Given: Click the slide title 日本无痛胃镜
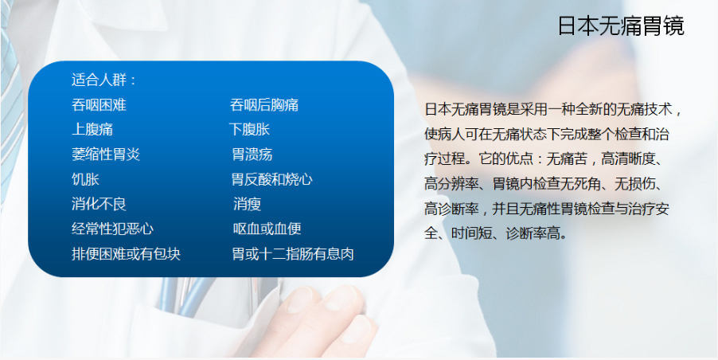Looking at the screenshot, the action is click(x=621, y=26).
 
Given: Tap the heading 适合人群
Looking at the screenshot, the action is click(x=99, y=80).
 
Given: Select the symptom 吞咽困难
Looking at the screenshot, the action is click(x=99, y=105).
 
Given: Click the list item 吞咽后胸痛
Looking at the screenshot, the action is click(x=264, y=105).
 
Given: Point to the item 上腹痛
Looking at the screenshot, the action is click(x=92, y=130).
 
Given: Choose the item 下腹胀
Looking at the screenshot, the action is click(x=250, y=130).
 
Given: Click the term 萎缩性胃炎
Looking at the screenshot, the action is click(x=106, y=155).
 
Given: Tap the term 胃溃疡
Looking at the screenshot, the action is click(x=252, y=155).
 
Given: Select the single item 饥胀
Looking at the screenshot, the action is click(x=85, y=179).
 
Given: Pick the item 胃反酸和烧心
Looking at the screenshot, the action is click(x=272, y=179).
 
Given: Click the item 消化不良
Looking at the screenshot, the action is click(x=99, y=204).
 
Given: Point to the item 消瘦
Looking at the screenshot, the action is click(x=248, y=204).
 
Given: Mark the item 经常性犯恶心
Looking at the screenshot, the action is click(x=113, y=229).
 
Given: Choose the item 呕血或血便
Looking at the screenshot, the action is click(x=267, y=229).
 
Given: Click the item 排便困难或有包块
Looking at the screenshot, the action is click(x=127, y=254).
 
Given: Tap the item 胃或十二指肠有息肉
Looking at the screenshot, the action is click(x=293, y=254).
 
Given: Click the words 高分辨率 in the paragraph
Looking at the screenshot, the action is click(x=451, y=184).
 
